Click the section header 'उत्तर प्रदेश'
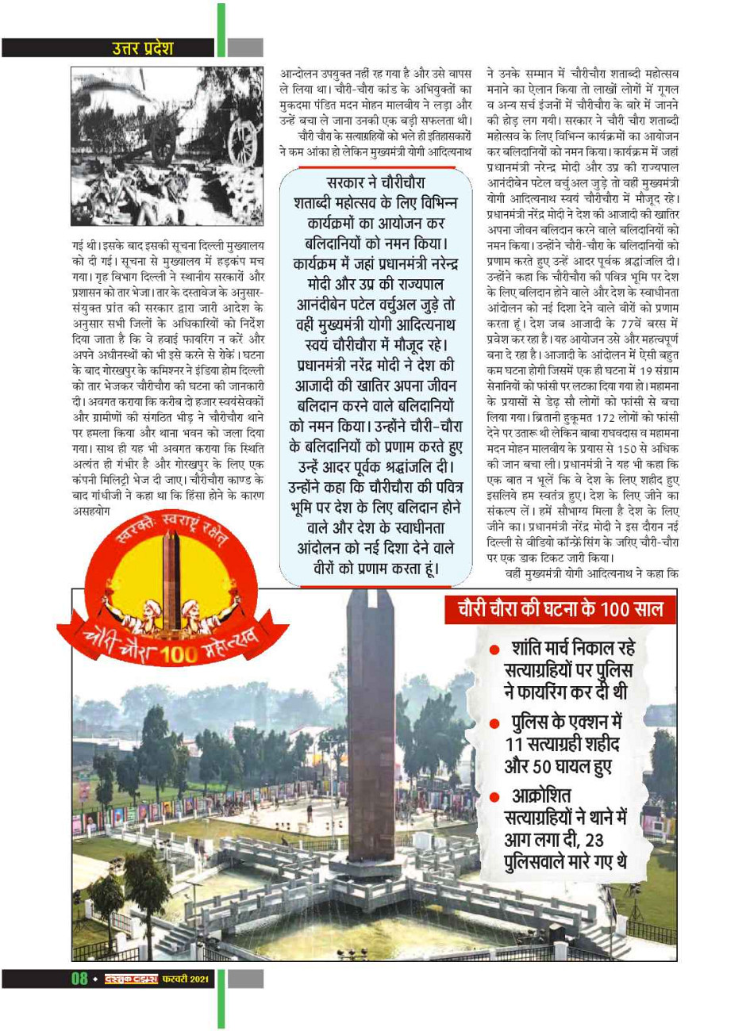(x=142, y=48)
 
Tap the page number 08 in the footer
(x=79, y=978)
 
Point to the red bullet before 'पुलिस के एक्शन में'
(x=494, y=723)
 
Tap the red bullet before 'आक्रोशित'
(x=494, y=796)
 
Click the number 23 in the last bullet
(x=594, y=840)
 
